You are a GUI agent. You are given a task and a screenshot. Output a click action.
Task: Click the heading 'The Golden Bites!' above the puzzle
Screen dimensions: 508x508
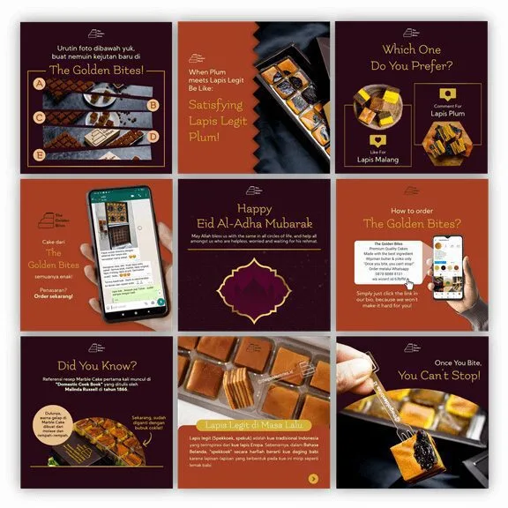[97, 69]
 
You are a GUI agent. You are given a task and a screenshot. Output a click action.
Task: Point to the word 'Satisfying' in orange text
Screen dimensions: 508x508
[220, 104]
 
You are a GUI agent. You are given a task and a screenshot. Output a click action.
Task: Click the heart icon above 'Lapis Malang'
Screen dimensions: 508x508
[374, 141]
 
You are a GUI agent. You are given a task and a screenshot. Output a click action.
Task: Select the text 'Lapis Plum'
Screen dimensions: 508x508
[447, 114]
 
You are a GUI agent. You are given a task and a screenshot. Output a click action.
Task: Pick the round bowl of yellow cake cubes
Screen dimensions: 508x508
[373, 105]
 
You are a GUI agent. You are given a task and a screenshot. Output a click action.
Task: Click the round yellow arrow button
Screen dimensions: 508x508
[314, 479]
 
